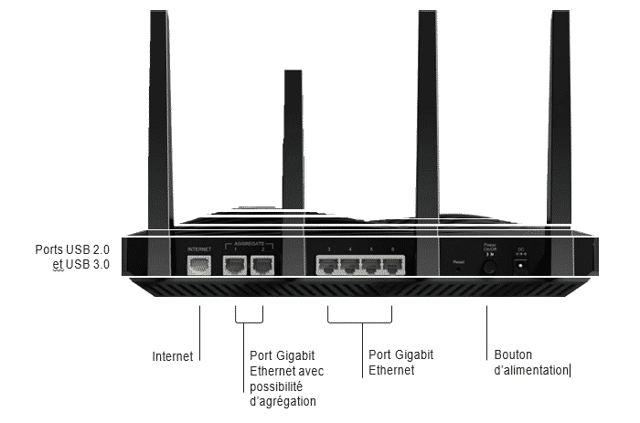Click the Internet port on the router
198,266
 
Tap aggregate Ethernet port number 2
262,266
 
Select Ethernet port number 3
327,266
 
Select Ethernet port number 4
349,266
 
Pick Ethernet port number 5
371,266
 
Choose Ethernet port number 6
393,266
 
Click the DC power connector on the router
522,266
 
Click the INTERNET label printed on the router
198,249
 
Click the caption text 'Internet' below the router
173,356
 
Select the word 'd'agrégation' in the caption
283,401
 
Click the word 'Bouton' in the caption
512,354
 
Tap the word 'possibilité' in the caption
278,386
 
